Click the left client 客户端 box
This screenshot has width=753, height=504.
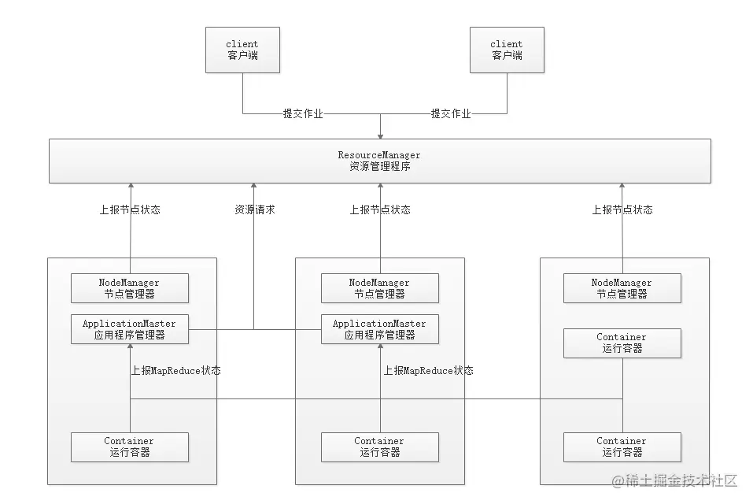click(x=242, y=50)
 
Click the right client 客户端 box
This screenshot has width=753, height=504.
click(x=507, y=50)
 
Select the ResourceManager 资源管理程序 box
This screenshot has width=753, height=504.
click(x=379, y=161)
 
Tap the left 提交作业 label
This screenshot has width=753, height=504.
click(x=303, y=113)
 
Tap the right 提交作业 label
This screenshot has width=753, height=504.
click(x=451, y=113)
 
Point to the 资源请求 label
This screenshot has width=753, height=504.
click(x=255, y=210)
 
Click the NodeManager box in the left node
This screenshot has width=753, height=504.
click(x=129, y=288)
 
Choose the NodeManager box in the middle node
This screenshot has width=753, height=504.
click(x=379, y=288)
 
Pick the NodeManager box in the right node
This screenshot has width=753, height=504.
click(x=622, y=288)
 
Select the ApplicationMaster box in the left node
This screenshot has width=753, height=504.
click(x=129, y=329)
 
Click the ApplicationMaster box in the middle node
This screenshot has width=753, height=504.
click(x=379, y=329)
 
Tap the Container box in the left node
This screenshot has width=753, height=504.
click(x=129, y=447)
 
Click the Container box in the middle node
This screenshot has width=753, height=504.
click(x=379, y=447)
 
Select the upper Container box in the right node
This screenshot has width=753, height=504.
click(x=622, y=343)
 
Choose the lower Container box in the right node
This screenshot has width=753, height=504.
click(x=622, y=447)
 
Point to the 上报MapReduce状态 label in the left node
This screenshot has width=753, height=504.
click(x=175, y=370)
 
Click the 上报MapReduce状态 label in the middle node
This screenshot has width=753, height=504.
click(x=428, y=370)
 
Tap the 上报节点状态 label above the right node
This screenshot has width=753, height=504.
click(x=622, y=210)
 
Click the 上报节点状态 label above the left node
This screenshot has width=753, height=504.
click(x=130, y=210)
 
